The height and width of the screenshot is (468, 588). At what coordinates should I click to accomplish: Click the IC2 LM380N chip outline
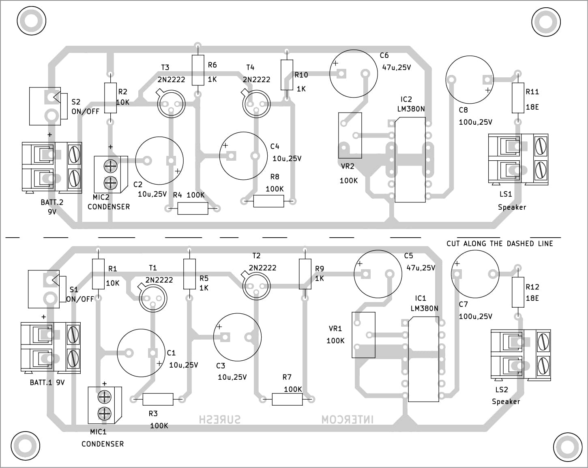point(410,160)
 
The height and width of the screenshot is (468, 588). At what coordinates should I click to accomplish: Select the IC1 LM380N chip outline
point(423,359)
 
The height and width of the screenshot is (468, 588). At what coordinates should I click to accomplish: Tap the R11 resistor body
point(517,98)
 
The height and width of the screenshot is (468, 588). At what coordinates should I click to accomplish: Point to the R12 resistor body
point(517,293)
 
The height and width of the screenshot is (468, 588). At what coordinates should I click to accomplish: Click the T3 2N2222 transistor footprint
point(171,104)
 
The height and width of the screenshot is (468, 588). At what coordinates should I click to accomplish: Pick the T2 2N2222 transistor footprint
point(256,286)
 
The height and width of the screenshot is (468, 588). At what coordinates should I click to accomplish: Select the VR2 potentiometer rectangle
point(350,135)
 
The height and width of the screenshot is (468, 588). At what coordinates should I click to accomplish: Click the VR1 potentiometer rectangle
point(363,335)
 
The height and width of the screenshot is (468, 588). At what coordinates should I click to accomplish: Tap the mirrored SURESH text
point(219,419)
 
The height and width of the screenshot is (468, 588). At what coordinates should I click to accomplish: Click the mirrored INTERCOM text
point(348,419)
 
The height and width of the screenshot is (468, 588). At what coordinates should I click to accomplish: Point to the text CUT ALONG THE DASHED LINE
point(500,244)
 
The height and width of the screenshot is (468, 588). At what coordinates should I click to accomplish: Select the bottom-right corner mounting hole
point(567,447)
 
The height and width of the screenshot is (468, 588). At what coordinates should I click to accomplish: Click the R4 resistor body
point(193,208)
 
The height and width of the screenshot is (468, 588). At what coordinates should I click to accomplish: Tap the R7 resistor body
point(287,400)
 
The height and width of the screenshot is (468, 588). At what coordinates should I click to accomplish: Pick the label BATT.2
point(52,202)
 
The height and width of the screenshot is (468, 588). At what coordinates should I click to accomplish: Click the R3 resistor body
point(158,400)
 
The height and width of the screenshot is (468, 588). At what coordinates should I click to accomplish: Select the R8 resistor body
point(268,201)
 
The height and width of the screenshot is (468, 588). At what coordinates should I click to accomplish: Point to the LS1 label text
point(506,194)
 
